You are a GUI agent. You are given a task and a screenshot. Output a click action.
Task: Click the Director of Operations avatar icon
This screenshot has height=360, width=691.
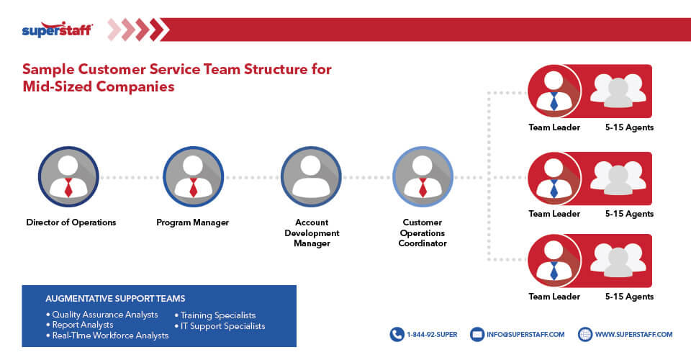[68, 176]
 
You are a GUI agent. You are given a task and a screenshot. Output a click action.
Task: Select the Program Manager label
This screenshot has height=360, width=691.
[192, 222]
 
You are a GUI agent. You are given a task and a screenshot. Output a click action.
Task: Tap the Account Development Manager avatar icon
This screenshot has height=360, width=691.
[311, 176]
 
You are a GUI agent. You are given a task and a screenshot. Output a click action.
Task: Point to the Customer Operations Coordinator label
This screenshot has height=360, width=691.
[423, 233]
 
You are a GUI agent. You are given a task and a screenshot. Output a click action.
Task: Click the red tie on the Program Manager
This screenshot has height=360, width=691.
[193, 189]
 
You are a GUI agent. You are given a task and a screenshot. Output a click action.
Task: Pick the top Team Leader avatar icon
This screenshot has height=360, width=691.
[554, 91]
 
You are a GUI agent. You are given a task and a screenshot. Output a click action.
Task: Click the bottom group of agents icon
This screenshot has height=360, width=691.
[618, 259]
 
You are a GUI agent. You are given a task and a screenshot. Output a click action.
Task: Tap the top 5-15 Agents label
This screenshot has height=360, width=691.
[629, 127]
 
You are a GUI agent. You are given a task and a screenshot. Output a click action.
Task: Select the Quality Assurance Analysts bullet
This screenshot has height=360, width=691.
[101, 315]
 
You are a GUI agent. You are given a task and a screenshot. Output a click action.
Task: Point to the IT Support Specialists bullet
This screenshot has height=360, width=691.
[220, 326]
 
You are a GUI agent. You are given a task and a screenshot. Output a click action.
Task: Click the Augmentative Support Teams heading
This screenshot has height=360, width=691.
[115, 298]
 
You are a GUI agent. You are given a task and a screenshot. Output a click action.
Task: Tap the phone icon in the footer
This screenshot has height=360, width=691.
[397, 334]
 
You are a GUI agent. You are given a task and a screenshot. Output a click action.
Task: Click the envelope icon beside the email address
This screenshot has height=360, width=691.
[477, 334]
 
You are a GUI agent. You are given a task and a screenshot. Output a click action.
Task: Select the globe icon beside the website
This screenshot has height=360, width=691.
[584, 334]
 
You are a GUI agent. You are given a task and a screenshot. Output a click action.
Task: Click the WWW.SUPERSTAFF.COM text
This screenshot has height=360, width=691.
[633, 334]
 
